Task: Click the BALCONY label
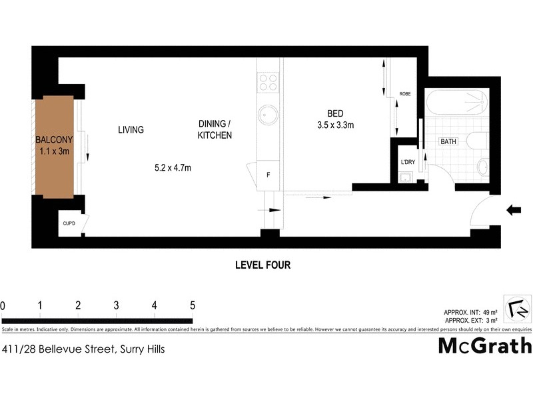click(x=54, y=141)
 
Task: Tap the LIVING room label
click(x=131, y=130)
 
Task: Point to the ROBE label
click(x=404, y=94)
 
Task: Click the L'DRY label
click(x=406, y=162)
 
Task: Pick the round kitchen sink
click(x=268, y=115)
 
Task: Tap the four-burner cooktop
click(x=268, y=82)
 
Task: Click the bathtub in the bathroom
click(x=457, y=103)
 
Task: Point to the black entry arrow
click(x=514, y=211)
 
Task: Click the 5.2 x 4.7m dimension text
click(x=173, y=168)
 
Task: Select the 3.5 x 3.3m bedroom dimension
click(x=336, y=124)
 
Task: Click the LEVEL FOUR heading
click(x=263, y=265)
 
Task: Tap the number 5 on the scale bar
click(x=193, y=306)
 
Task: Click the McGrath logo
click(x=484, y=346)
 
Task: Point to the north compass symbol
click(x=516, y=309)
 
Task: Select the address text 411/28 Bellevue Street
click(x=83, y=349)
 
